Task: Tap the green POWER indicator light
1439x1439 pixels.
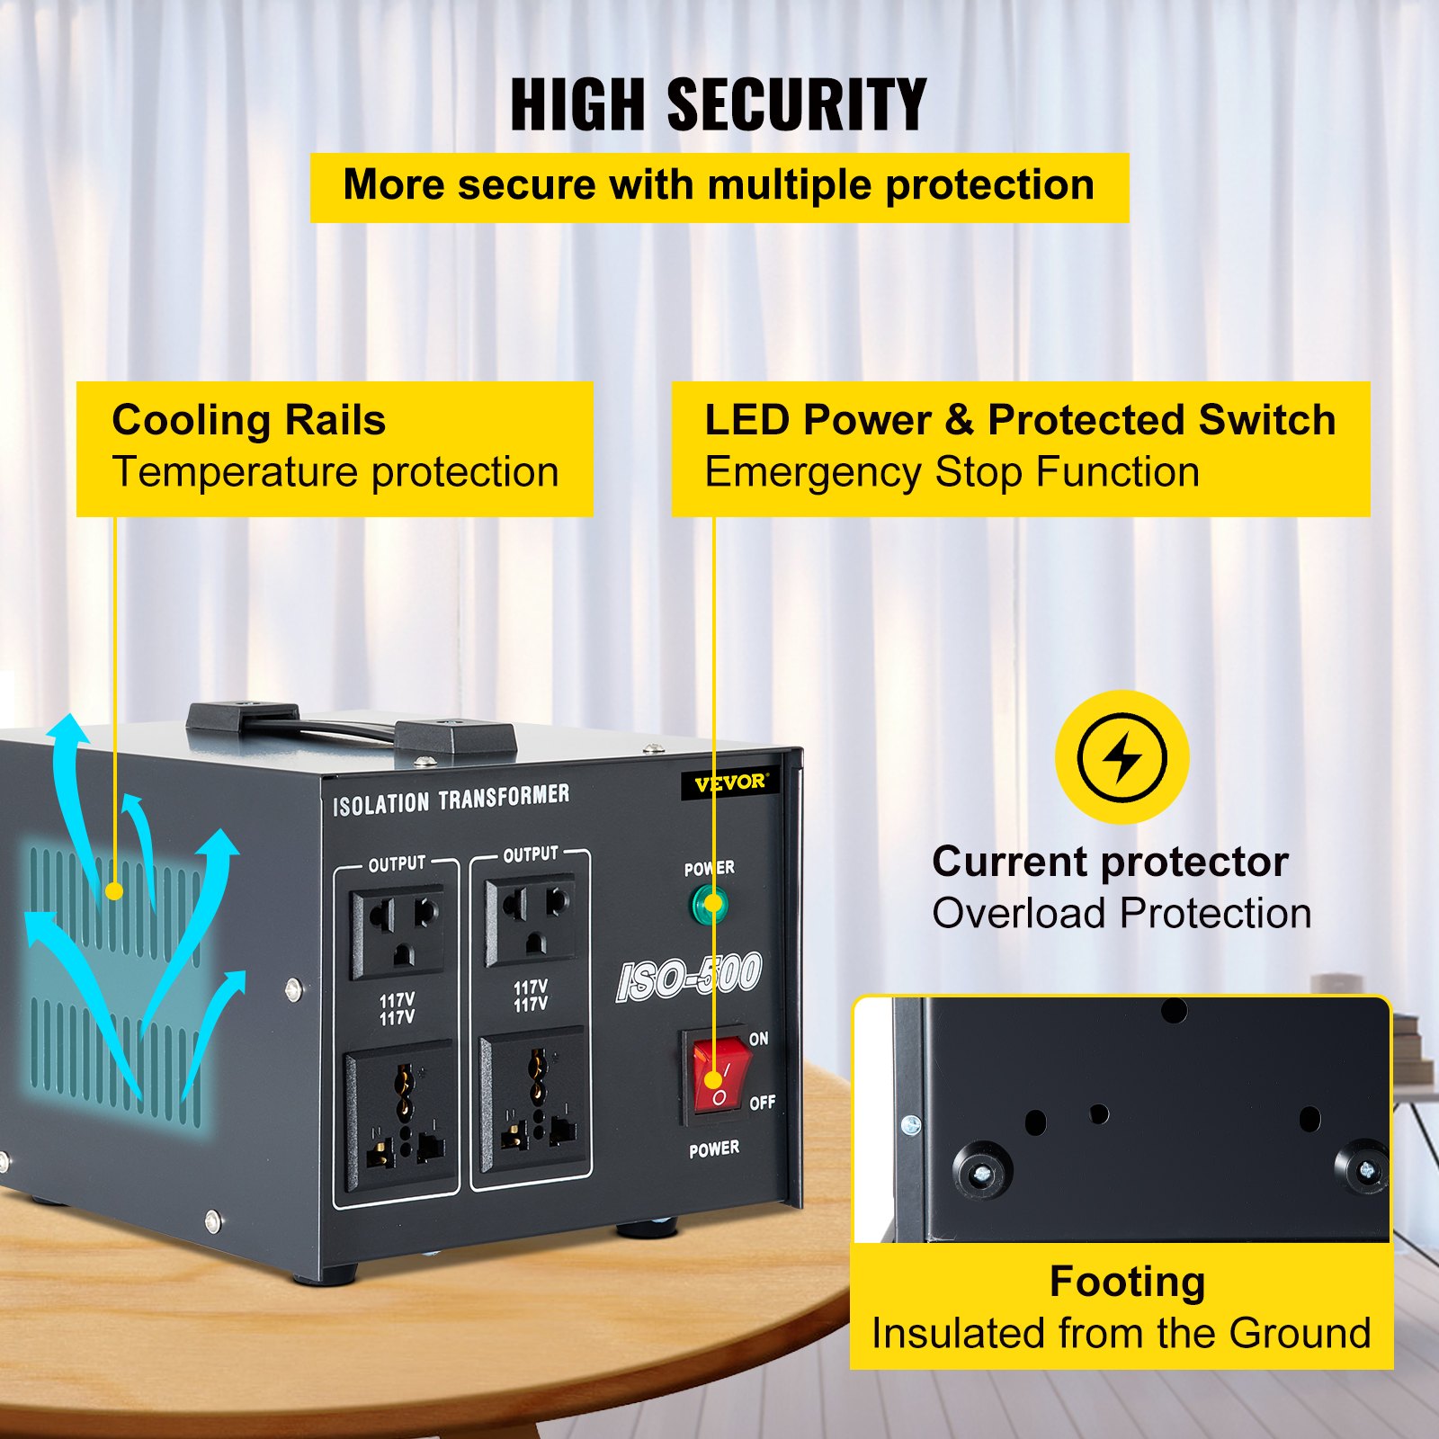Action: pyautogui.click(x=710, y=904)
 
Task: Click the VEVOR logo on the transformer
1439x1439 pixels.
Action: pyautogui.click(x=729, y=782)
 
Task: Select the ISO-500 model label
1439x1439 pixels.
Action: pyautogui.click(x=689, y=977)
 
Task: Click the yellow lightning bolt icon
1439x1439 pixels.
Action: pyautogui.click(x=1122, y=757)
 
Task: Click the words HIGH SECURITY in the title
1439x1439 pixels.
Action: pyautogui.click(x=718, y=105)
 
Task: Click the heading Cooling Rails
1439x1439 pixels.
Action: pyautogui.click(x=248, y=420)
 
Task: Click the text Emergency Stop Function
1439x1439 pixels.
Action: pyautogui.click(x=952, y=472)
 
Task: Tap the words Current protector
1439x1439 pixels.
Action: pyautogui.click(x=1110, y=862)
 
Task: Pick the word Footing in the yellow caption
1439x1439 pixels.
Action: pyautogui.click(x=1127, y=1282)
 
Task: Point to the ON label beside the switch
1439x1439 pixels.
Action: pyautogui.click(x=759, y=1039)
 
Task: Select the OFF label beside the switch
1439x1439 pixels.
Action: pyautogui.click(x=762, y=1102)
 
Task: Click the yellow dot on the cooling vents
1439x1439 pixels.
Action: pyautogui.click(x=113, y=891)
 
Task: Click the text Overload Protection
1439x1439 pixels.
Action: pyautogui.click(x=1121, y=914)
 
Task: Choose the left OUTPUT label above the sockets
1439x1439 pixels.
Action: pyautogui.click(x=397, y=863)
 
